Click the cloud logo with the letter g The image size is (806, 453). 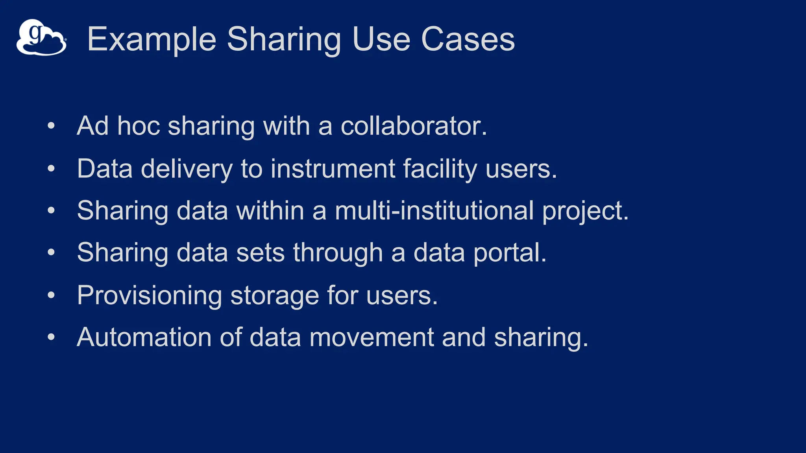coord(41,37)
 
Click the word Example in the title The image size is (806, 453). coord(152,39)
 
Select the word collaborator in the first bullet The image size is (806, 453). coord(413,126)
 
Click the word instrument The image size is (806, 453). coord(333,169)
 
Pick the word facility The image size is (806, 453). coord(440,169)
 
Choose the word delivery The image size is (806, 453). coord(187,169)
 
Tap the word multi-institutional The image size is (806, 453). coord(434,211)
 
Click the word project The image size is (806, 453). coord(585,212)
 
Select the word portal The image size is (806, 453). coord(510,252)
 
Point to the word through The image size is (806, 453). coord(338,253)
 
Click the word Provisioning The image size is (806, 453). coord(149,296)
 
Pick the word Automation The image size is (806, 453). coord(144,337)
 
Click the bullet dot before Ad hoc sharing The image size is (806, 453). coord(51,126)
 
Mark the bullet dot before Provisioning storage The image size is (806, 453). coord(51,295)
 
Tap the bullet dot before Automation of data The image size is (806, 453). coord(51,337)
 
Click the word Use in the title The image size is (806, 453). coord(381,39)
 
